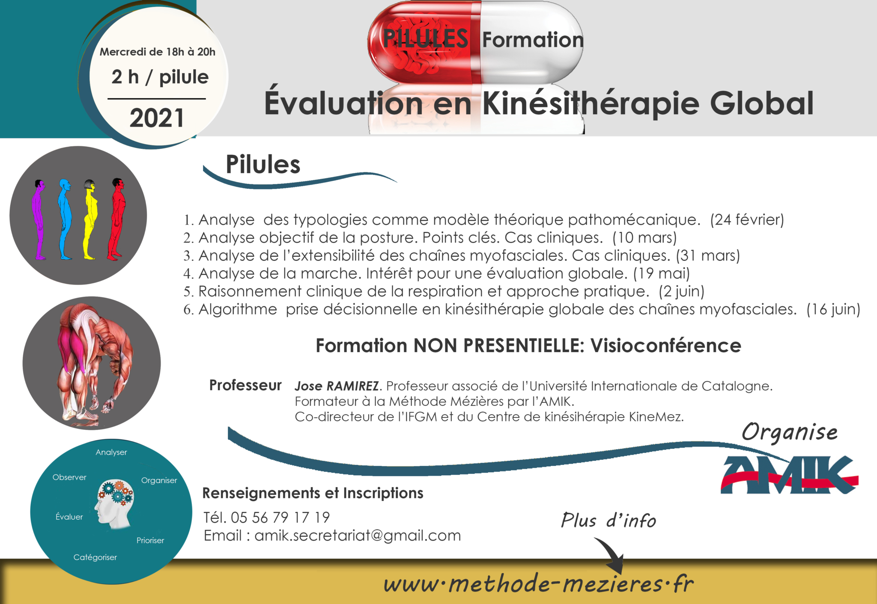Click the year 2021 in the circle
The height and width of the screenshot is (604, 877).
[157, 118]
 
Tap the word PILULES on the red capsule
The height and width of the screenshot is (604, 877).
[425, 38]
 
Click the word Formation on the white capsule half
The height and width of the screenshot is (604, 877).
[533, 40]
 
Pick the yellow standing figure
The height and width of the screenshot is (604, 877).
[90, 219]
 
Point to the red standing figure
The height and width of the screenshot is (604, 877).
[117, 219]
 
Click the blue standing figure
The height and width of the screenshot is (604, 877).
[65, 219]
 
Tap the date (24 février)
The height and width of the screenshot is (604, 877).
[747, 220]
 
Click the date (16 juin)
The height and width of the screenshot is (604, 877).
[833, 309]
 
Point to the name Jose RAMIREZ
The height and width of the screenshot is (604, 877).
[337, 386]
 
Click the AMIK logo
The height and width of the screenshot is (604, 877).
[789, 475]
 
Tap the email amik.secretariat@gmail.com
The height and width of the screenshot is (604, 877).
[358, 536]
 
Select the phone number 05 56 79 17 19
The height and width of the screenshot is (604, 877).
[280, 518]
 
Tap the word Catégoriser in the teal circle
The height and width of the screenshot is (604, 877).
[95, 557]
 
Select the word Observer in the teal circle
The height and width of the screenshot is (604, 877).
[69, 477]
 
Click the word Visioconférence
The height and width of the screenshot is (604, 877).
[665, 346]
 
